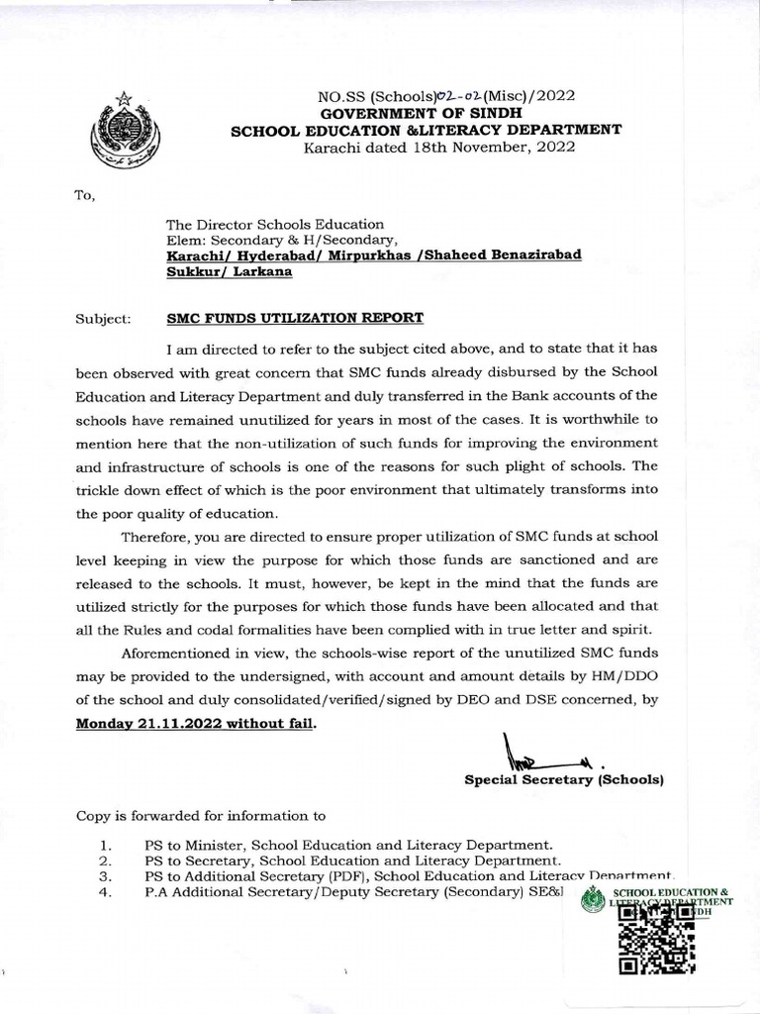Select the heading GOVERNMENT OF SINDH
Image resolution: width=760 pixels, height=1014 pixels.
click(426, 113)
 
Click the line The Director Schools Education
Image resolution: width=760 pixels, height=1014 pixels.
click(274, 224)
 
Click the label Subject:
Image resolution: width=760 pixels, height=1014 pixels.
click(102, 319)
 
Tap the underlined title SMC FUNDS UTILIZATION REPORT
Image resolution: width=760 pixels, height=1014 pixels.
click(294, 318)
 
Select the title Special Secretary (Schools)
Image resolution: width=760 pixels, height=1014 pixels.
click(563, 780)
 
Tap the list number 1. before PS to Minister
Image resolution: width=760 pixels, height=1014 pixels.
click(105, 846)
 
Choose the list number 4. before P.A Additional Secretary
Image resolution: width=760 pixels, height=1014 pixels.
click(105, 892)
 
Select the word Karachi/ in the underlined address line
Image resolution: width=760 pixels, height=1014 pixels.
click(196, 254)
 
